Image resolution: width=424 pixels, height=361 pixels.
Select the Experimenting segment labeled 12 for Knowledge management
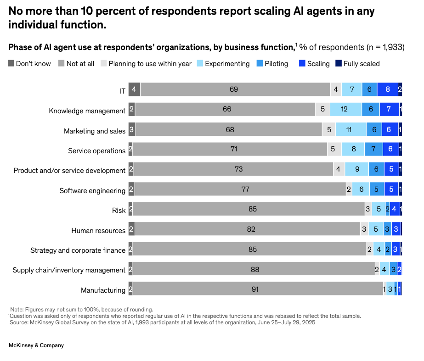[x=345, y=110]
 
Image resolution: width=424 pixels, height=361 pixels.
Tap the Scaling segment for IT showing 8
[x=387, y=89]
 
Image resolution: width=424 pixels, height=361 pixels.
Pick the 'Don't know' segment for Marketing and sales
[x=132, y=130]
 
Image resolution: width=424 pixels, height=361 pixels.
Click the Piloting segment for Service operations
[x=373, y=150]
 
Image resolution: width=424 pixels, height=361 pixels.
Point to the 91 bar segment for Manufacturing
[x=258, y=289]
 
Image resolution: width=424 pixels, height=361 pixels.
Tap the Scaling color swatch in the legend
[x=302, y=63]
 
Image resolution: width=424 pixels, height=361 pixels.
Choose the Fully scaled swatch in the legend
[x=338, y=63]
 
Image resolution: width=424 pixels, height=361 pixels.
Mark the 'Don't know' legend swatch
[x=11, y=63]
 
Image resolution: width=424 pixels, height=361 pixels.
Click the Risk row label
[x=119, y=210]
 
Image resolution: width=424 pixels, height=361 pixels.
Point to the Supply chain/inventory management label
[x=69, y=270]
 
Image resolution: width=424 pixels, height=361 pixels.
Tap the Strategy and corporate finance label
[x=78, y=250]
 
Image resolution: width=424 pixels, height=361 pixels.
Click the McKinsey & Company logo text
[x=36, y=345]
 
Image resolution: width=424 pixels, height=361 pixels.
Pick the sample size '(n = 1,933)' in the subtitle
[x=385, y=47]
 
